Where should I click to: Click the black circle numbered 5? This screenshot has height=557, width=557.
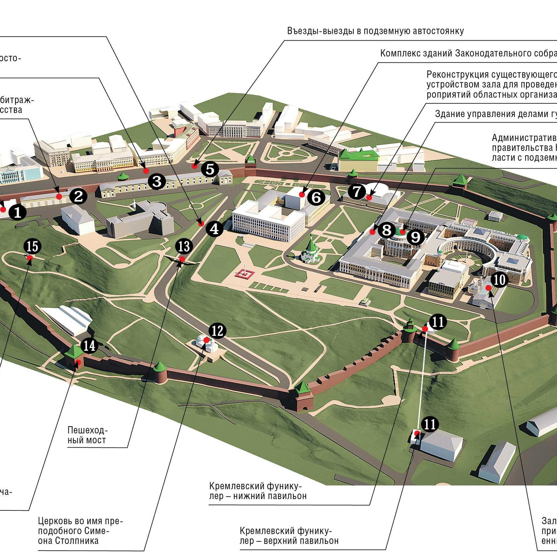click(210, 169)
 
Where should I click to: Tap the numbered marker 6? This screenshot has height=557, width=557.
click(316, 197)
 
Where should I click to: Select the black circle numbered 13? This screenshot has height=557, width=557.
click(184, 246)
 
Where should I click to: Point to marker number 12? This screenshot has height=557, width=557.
click(217, 331)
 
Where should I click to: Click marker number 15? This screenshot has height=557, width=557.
click(33, 246)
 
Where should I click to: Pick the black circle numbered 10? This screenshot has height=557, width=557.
click(499, 280)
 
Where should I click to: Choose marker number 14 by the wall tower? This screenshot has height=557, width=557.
click(89, 346)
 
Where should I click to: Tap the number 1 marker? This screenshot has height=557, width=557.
click(17, 212)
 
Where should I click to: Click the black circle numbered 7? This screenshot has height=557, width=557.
click(357, 191)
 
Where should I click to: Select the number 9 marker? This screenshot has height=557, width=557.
click(415, 237)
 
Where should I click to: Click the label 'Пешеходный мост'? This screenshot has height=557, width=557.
click(87, 435)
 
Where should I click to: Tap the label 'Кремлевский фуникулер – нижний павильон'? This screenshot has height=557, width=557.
click(258, 491)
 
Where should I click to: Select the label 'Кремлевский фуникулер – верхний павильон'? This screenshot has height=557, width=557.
click(289, 536)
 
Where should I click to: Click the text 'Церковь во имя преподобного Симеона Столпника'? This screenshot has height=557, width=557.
click(80, 531)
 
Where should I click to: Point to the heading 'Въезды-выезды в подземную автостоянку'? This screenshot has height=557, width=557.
click(375, 31)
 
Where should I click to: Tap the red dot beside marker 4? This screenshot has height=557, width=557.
click(201, 224)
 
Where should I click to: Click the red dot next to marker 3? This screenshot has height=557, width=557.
click(146, 171)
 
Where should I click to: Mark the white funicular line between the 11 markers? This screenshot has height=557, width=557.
click(422, 381)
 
